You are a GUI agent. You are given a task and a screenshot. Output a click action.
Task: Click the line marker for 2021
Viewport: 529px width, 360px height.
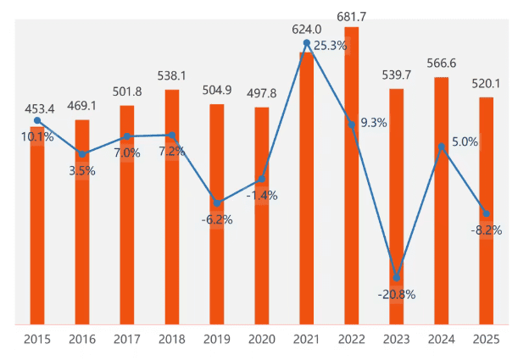306,42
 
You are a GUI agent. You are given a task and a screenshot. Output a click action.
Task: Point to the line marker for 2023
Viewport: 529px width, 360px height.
396,277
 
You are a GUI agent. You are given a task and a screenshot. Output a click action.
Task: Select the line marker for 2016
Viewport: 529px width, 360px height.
81,154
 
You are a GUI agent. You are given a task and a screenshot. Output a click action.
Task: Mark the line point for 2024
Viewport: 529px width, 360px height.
441,147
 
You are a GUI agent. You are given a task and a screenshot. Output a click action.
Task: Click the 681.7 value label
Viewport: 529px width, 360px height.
351,14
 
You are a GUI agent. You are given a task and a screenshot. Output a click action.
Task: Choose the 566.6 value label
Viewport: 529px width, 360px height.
441,63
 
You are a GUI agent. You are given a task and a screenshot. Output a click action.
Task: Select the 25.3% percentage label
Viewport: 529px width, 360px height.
330,46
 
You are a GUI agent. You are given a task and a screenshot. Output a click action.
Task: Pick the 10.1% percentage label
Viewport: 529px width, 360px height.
36,136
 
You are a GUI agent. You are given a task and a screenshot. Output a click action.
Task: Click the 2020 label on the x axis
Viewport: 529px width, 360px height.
261,339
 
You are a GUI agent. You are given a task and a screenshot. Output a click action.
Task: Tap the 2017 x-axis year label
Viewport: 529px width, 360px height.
126,339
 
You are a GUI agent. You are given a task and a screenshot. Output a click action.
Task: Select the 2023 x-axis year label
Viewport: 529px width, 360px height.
396,339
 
